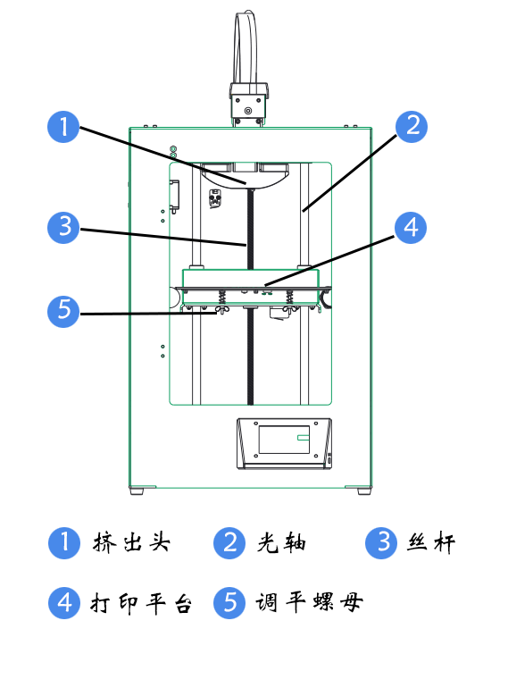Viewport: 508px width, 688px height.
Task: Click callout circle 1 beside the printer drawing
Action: click(62, 127)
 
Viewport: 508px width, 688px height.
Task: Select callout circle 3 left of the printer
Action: click(62, 227)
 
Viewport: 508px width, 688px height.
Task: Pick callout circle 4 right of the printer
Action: click(411, 227)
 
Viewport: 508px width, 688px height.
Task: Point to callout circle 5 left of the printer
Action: click(62, 311)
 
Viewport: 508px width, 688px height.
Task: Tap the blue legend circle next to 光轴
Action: click(229, 542)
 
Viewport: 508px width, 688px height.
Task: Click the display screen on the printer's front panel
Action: click(284, 440)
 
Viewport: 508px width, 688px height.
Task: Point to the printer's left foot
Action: click(137, 491)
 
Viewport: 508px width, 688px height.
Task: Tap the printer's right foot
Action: click(364, 491)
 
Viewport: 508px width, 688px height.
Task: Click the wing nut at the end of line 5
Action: click(217, 310)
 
